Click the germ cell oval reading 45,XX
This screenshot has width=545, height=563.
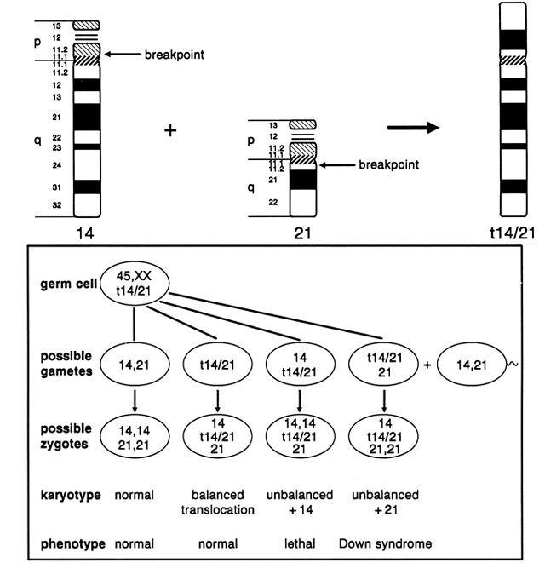135,289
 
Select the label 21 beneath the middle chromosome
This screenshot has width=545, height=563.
304,230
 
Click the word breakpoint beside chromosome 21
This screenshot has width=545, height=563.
387,165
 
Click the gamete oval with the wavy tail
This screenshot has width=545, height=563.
470,363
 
